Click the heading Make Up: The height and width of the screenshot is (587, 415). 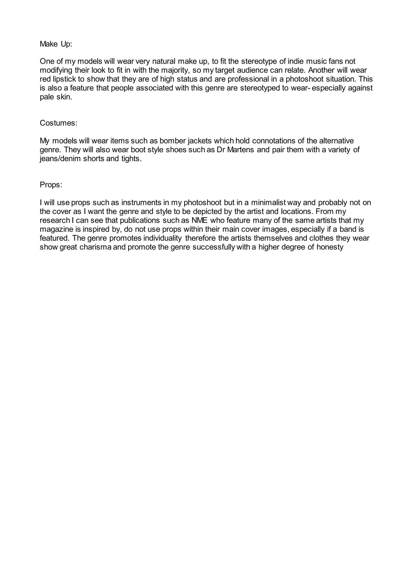coord(56,44)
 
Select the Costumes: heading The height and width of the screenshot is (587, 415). coord(59,123)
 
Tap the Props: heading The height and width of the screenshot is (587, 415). coord(51,185)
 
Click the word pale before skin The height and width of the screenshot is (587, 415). coord(46,97)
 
